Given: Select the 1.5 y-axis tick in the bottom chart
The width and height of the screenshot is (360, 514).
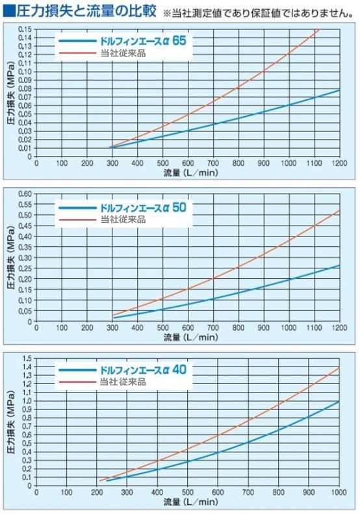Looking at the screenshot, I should tap(27, 358).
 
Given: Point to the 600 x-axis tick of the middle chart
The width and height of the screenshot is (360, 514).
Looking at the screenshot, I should tap(187, 329).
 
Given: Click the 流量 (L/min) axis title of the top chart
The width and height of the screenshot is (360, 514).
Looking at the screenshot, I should tap(190, 174).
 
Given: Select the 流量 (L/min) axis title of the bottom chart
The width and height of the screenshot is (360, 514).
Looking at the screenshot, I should tap(190, 503).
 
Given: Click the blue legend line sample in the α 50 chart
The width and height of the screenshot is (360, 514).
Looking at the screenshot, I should tap(77, 208).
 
